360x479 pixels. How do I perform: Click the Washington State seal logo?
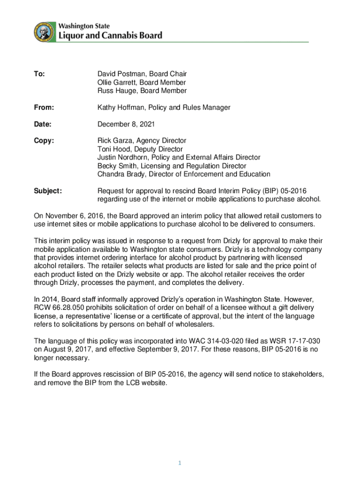point(43,32)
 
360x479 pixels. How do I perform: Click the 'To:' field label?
point(39,74)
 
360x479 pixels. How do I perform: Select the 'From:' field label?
point(44,108)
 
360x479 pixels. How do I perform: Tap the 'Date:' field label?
point(43,124)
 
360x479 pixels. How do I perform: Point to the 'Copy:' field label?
point(44,141)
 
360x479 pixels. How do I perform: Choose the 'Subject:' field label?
point(48,191)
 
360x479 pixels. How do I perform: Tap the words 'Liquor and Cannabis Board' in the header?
point(110,35)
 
